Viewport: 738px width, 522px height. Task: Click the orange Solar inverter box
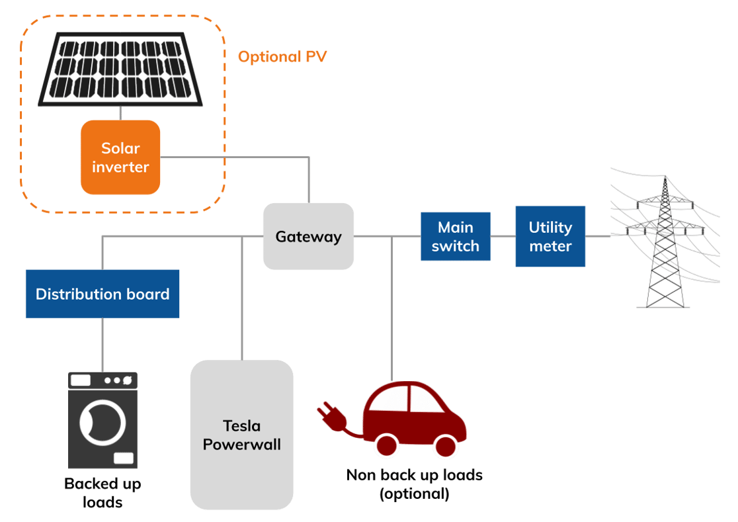[x=120, y=157]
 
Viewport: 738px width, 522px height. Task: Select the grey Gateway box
[x=308, y=236]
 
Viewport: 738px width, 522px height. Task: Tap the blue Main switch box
[x=455, y=237]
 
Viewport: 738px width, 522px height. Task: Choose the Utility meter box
[x=550, y=236]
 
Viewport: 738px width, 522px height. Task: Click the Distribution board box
[x=102, y=294]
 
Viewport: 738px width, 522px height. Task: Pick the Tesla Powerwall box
[x=241, y=435]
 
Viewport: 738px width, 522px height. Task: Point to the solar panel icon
[x=120, y=69]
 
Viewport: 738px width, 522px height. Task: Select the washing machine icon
[x=103, y=420]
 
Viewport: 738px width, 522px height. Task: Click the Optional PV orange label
[x=282, y=57]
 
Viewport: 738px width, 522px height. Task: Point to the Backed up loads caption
[x=102, y=493]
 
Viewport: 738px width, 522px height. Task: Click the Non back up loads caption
[x=415, y=484]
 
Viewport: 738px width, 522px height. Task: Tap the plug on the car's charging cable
[x=328, y=414]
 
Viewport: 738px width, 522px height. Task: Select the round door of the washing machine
[x=102, y=421]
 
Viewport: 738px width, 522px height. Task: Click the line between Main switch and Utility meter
[x=503, y=236]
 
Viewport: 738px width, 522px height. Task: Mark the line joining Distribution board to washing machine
[x=102, y=344]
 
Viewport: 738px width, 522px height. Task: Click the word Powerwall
[x=241, y=445]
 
